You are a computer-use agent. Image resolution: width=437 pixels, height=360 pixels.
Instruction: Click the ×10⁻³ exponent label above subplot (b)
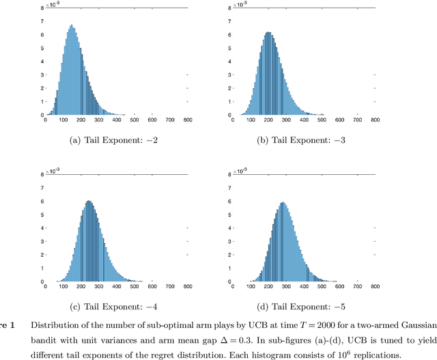(x=240, y=4)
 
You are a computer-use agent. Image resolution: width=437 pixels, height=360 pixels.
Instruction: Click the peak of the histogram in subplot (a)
(x=72, y=26)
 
